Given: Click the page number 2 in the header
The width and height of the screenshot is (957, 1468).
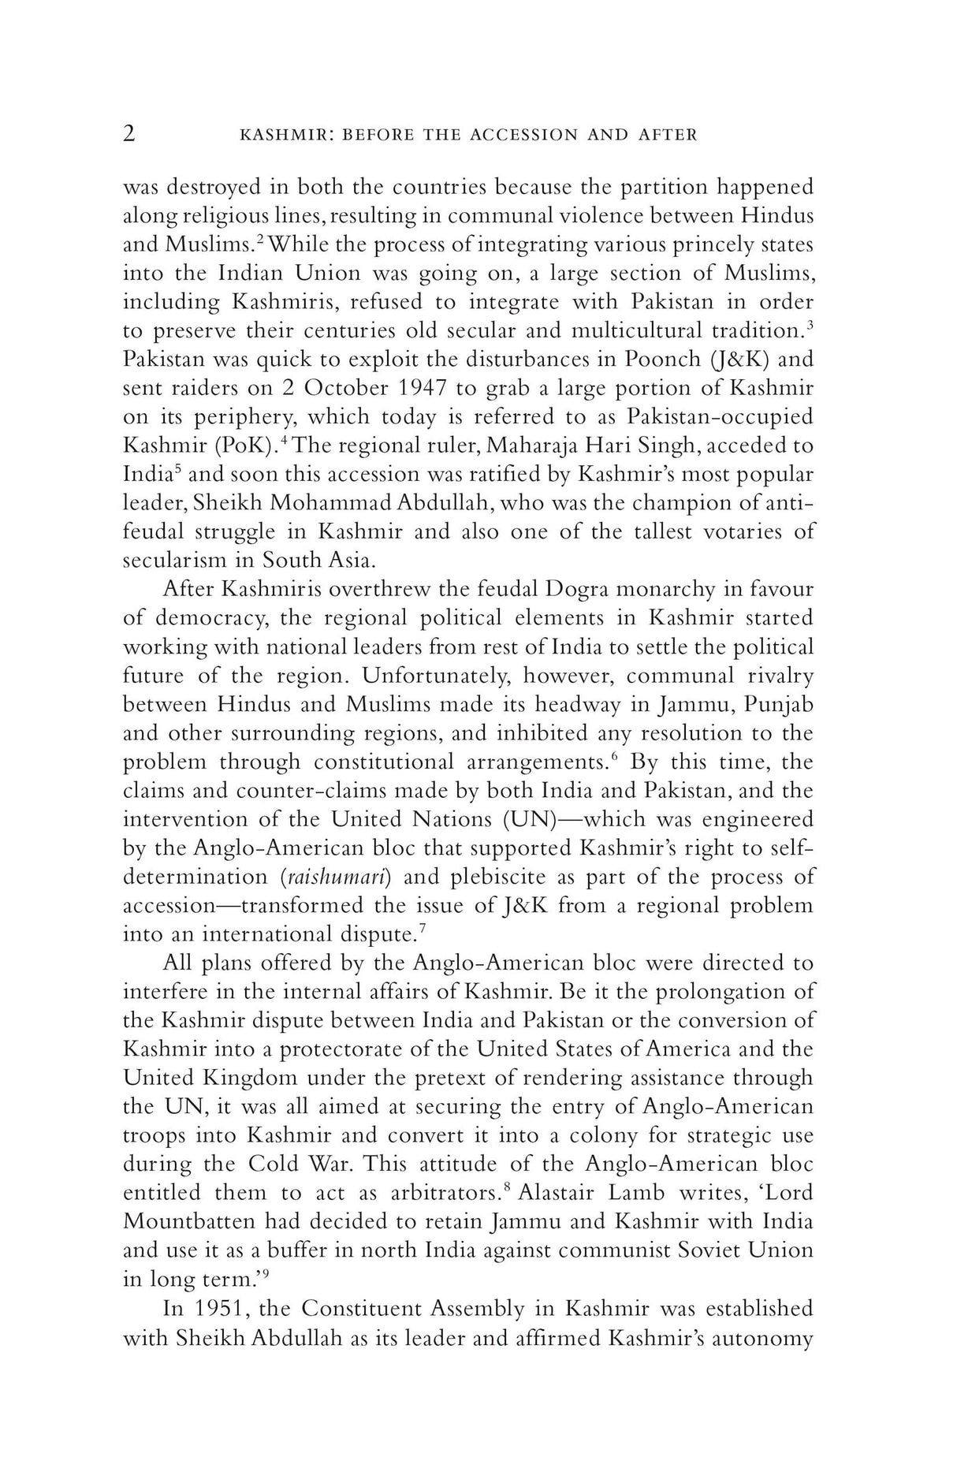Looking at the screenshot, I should click(129, 134).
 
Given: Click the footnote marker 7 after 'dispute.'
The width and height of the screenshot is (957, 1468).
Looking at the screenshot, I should click(423, 928).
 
